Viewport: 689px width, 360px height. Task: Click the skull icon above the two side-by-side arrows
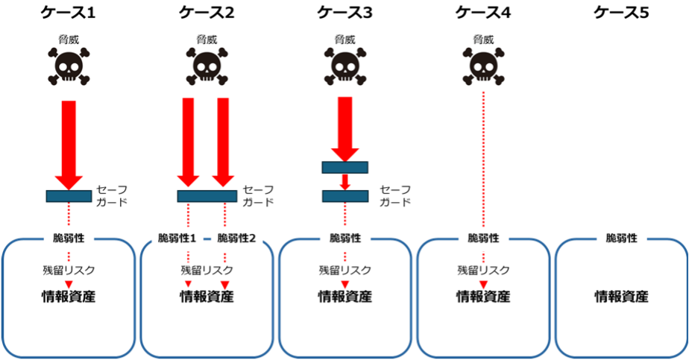tap(207, 67)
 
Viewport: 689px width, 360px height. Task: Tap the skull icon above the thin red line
tap(483, 67)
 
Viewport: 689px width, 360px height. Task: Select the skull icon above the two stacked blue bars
tap(345, 67)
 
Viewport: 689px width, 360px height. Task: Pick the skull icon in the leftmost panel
tap(69, 67)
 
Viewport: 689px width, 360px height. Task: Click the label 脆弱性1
tap(177, 239)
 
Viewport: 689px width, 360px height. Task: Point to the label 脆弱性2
tap(236, 239)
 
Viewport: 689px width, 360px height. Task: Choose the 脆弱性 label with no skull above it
tap(621, 239)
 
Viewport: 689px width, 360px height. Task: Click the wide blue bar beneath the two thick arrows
tap(207, 196)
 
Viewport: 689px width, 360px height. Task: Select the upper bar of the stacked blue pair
tap(345, 168)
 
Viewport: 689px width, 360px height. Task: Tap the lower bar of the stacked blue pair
tap(345, 196)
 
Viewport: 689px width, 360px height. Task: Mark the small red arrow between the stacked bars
tap(345, 182)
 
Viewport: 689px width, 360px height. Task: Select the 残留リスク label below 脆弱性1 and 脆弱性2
tap(207, 271)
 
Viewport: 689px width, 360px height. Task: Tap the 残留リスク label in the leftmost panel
tap(69, 271)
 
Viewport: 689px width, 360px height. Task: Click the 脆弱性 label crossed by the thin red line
tap(483, 239)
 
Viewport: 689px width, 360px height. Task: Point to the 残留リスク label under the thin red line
tap(483, 271)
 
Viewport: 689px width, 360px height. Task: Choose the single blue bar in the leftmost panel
tap(69, 196)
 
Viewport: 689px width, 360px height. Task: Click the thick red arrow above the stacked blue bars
tap(345, 127)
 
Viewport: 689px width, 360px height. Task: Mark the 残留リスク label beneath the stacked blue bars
tap(345, 271)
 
